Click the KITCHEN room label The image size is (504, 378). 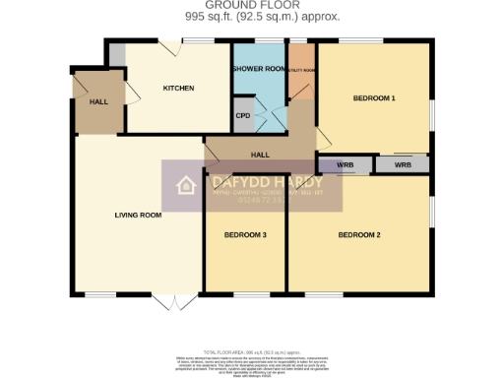pyautogui.click(x=178, y=89)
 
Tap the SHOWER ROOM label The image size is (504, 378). pyautogui.click(x=258, y=69)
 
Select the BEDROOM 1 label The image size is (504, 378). pyautogui.click(x=374, y=98)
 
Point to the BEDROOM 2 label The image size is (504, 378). pyautogui.click(x=359, y=234)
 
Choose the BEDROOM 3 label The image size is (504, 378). pyautogui.click(x=244, y=234)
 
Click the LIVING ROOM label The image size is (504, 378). pyautogui.click(x=138, y=215)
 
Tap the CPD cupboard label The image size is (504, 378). pyautogui.click(x=243, y=114)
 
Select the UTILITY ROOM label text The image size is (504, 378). pyautogui.click(x=301, y=71)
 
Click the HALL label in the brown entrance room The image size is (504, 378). pyautogui.click(x=98, y=101)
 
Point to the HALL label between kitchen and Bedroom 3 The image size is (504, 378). pyautogui.click(x=260, y=155)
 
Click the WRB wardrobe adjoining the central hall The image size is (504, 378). pyautogui.click(x=345, y=165)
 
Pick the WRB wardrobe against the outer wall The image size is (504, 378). pyautogui.click(x=403, y=165)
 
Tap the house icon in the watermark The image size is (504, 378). pyautogui.click(x=184, y=186)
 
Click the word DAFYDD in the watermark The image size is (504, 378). pyautogui.click(x=231, y=182)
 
